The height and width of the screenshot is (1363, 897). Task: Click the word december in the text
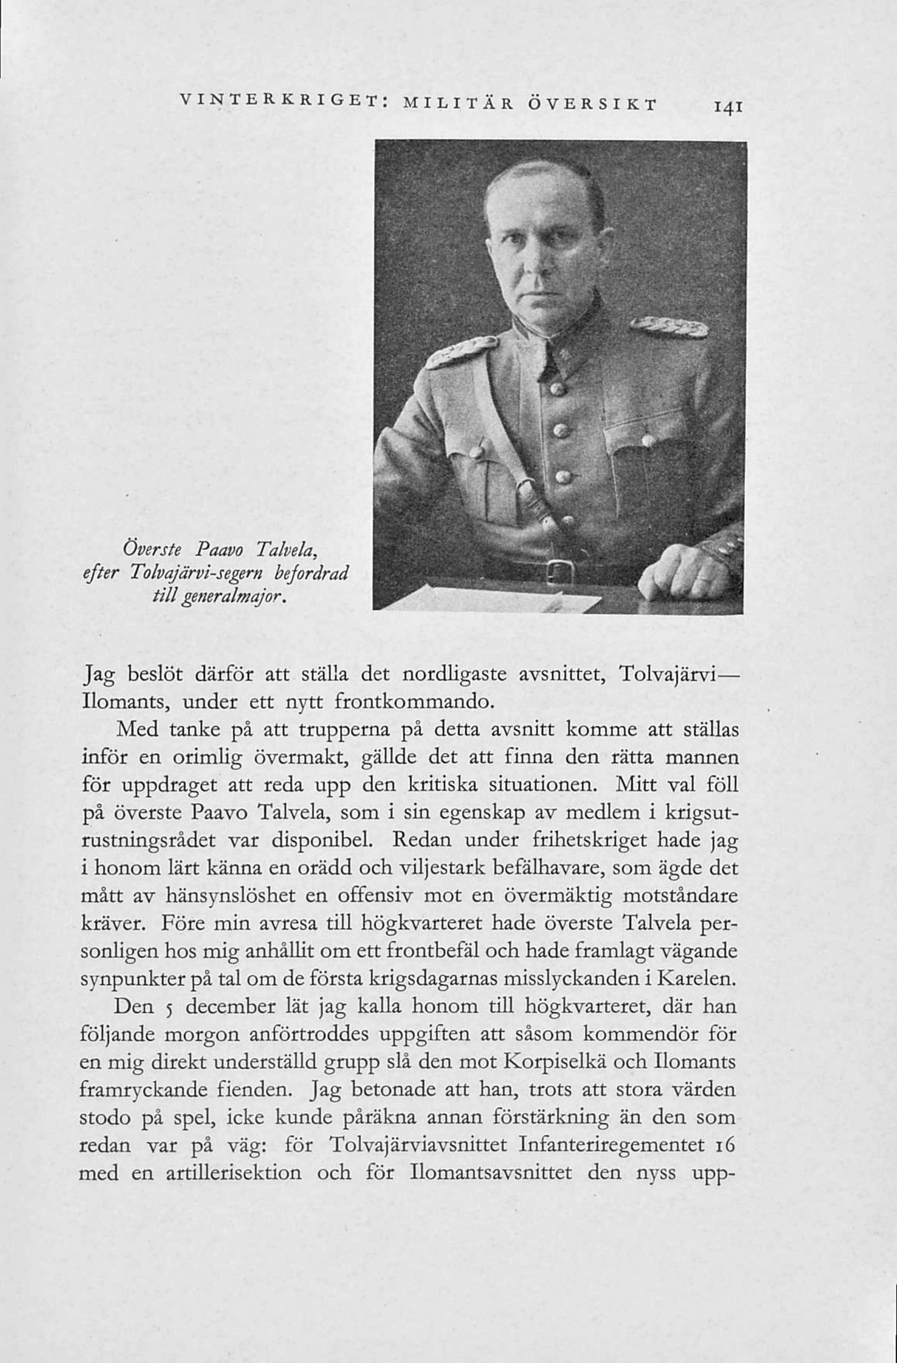pos(234,1007)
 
